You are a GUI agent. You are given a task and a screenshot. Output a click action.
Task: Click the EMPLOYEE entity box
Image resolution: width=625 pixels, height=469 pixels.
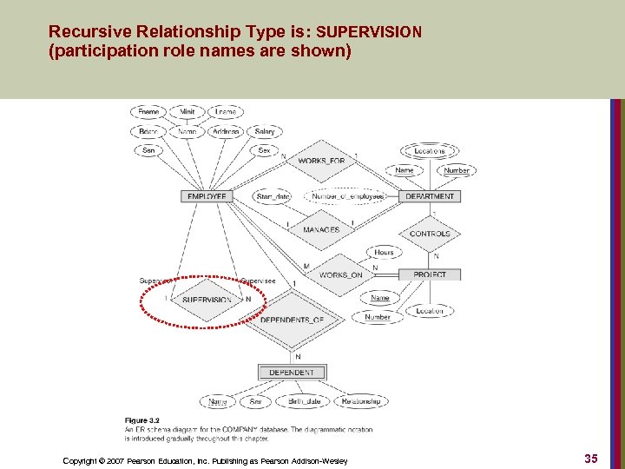click(207, 196)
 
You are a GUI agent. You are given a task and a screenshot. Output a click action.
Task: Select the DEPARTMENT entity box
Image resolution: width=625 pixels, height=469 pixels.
click(431, 196)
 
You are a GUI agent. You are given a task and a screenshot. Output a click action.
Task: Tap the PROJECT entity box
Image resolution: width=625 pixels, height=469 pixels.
click(430, 274)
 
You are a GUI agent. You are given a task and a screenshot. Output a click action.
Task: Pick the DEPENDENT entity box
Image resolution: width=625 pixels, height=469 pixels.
click(292, 373)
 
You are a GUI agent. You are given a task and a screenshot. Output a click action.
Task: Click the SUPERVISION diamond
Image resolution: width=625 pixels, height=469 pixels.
click(207, 300)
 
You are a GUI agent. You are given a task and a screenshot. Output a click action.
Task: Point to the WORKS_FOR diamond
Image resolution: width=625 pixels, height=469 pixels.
click(321, 161)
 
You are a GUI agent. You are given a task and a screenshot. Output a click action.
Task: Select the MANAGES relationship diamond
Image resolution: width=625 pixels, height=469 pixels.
click(321, 230)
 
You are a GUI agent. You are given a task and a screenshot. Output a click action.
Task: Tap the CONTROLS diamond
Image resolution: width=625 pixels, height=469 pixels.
click(430, 234)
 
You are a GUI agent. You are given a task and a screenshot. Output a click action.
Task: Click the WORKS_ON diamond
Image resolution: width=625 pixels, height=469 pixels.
click(340, 275)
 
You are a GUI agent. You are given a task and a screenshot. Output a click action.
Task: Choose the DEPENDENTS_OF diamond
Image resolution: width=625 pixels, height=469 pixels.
click(292, 320)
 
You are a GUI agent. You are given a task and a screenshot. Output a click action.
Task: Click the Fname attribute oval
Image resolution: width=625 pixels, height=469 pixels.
click(148, 112)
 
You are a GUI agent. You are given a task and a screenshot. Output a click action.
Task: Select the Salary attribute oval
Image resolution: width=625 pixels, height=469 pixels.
click(265, 132)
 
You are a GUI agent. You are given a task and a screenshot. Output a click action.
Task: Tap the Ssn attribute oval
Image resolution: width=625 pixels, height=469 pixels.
click(148, 150)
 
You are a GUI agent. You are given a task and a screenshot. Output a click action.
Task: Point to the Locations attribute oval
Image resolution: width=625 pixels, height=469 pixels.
click(429, 151)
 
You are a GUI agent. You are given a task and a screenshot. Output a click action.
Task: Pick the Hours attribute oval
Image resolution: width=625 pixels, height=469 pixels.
click(384, 253)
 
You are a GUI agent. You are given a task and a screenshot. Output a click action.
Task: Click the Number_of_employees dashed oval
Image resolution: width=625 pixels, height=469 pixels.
click(347, 196)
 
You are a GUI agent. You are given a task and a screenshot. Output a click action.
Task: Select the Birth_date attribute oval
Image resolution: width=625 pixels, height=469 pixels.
click(304, 401)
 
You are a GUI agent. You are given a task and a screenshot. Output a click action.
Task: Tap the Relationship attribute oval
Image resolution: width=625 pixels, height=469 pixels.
click(360, 401)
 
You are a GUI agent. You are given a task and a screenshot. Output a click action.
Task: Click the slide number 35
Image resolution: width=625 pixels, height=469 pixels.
click(590, 458)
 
